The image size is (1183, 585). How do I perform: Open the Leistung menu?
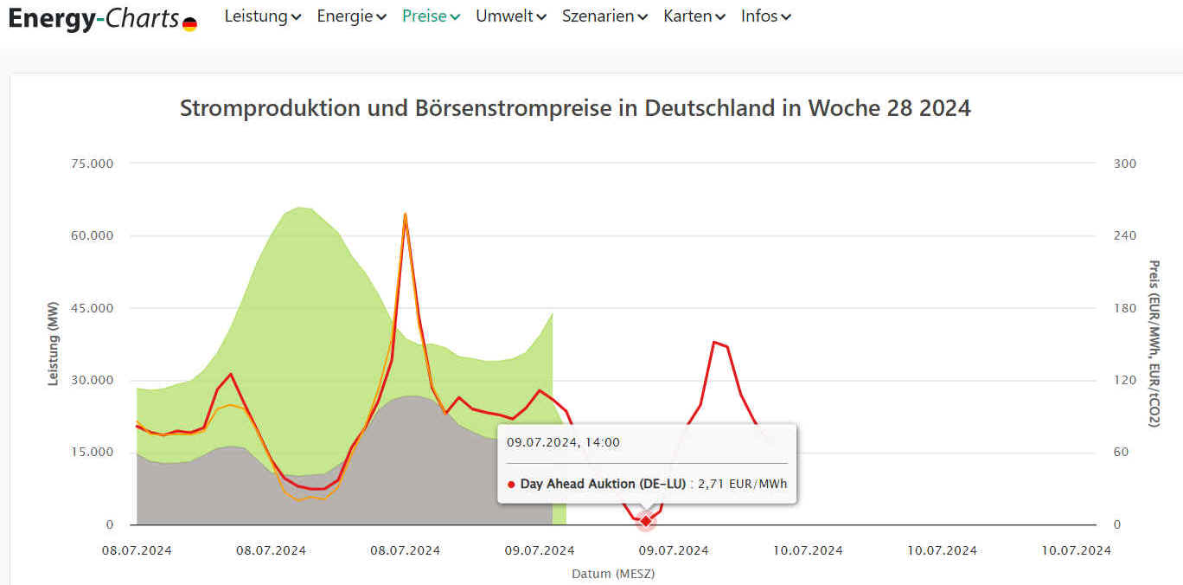[x=262, y=16]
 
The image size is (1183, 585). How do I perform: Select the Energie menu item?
[x=351, y=16]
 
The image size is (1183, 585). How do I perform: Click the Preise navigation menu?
[x=431, y=16]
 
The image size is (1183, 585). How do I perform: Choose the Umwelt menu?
[x=510, y=16]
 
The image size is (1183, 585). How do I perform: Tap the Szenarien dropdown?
[x=604, y=16]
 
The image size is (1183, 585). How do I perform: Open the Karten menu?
[x=694, y=16]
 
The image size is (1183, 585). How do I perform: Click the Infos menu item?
[x=765, y=16]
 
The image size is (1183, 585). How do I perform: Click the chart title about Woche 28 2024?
[x=575, y=108]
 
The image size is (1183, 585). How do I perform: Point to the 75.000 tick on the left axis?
[x=92, y=164]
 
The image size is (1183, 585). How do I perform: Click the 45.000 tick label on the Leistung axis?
[x=92, y=308]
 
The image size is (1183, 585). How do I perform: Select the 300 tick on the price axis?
[x=1124, y=164]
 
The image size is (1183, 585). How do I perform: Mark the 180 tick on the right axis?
[x=1124, y=308]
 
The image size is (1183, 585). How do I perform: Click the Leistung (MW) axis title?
[x=54, y=344]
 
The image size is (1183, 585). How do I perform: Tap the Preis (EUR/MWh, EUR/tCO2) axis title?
[x=1153, y=344]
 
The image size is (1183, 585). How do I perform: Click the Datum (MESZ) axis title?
[x=612, y=574]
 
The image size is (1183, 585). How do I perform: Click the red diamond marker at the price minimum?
[x=645, y=521]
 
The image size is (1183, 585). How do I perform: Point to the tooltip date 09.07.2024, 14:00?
[x=563, y=442]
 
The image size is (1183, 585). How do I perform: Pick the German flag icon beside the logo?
[x=189, y=24]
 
